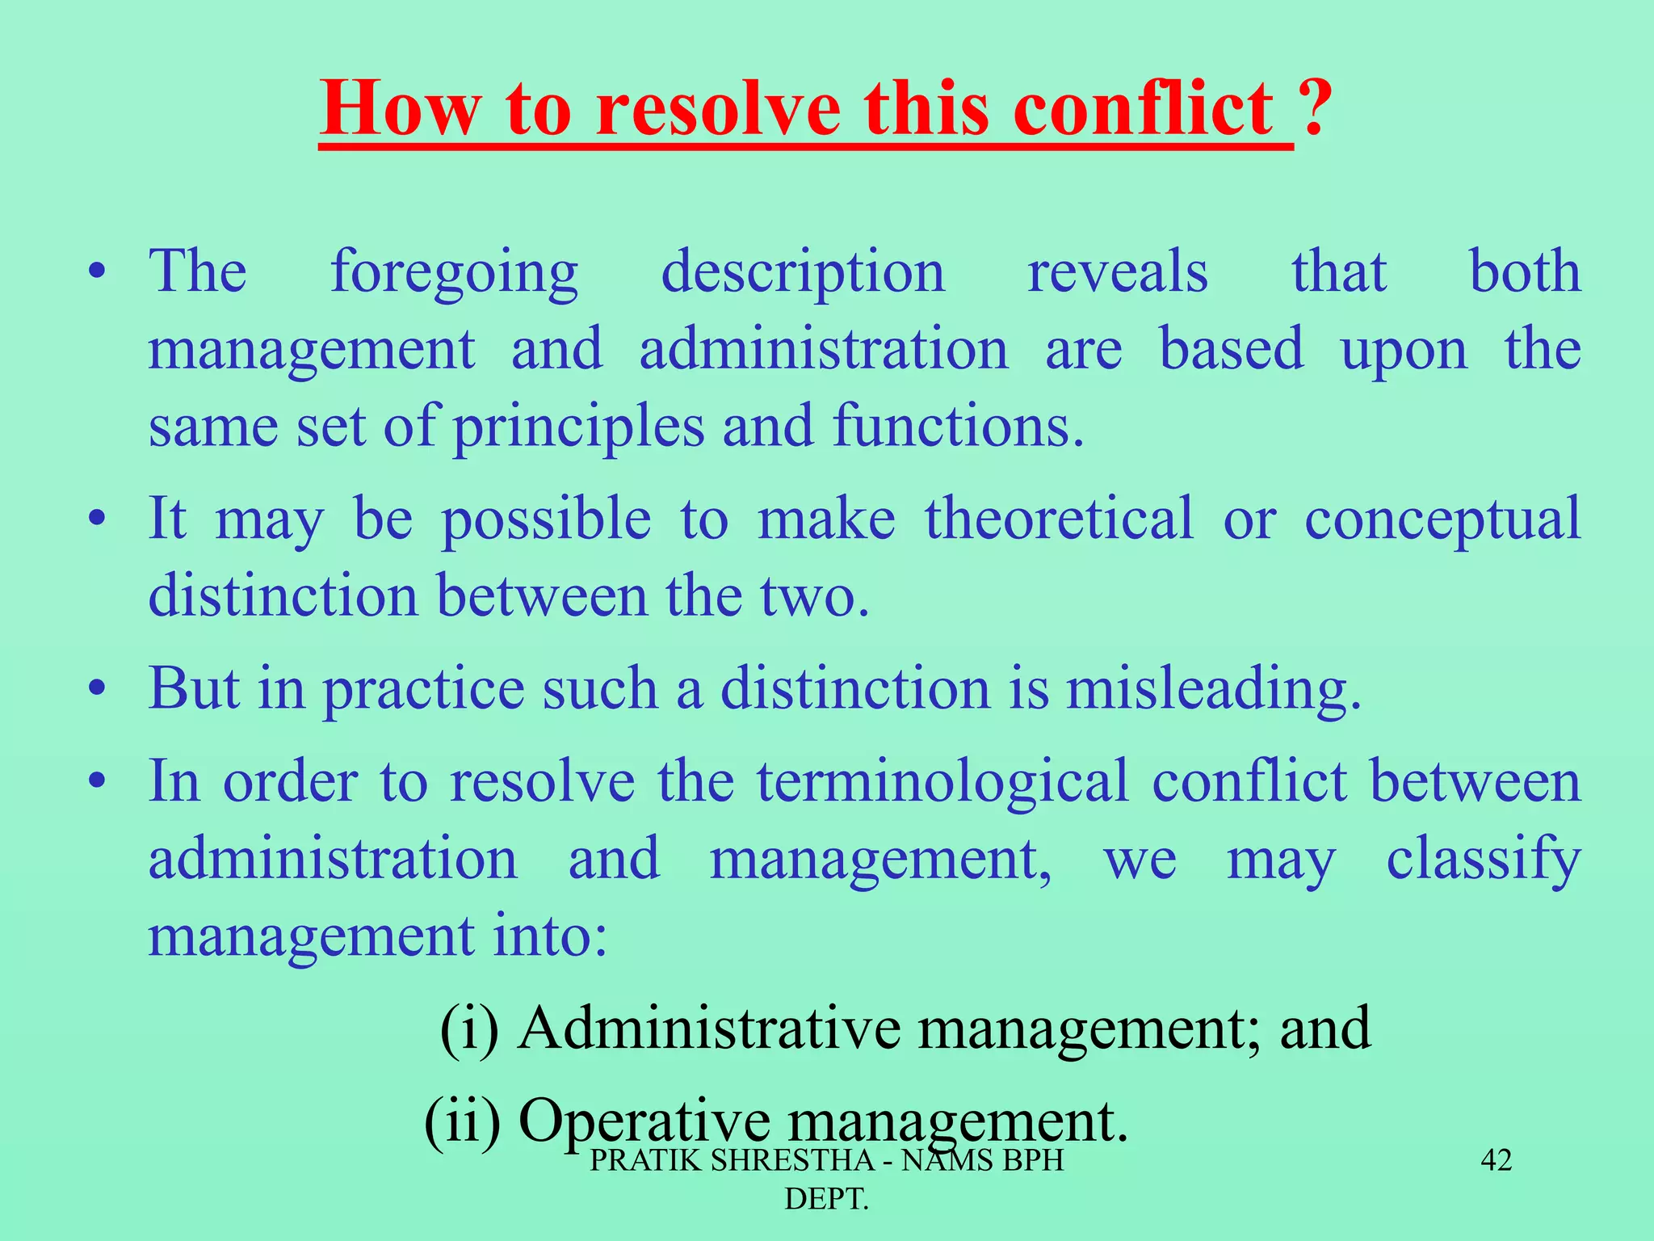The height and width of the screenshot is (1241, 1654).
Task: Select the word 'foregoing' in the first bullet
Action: pyautogui.click(x=454, y=273)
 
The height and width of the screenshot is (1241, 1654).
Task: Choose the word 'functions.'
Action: pyautogui.click(x=958, y=426)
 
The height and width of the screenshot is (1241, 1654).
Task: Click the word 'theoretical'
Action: pyautogui.click(x=1059, y=518)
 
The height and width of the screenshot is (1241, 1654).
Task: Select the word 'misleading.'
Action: pyautogui.click(x=1214, y=691)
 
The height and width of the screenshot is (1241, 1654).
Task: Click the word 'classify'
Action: pyautogui.click(x=1483, y=861)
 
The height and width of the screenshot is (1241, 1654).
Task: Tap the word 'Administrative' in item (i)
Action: pyautogui.click(x=709, y=1029)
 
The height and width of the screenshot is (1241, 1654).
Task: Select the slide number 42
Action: pyautogui.click(x=1496, y=1160)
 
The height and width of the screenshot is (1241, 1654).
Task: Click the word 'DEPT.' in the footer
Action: pyautogui.click(x=826, y=1198)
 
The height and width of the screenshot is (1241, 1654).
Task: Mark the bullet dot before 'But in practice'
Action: pyautogui.click(x=98, y=690)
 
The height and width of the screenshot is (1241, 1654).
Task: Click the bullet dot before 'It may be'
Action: pyautogui.click(x=98, y=519)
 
